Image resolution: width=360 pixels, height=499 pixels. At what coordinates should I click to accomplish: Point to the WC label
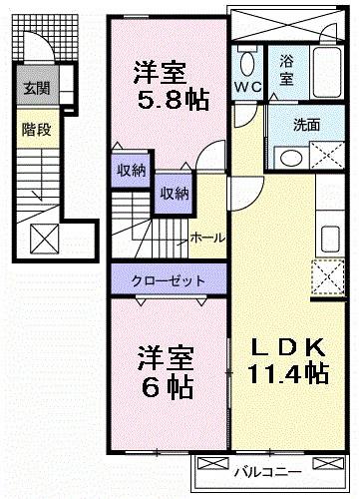(247, 88)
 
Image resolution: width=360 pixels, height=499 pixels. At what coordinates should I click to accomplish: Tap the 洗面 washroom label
(307, 126)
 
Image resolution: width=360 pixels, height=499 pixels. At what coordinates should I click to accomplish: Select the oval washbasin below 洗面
(290, 159)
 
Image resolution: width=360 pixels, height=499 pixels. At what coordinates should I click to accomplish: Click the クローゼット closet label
(167, 280)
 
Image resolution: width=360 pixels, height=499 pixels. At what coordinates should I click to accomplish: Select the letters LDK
(288, 348)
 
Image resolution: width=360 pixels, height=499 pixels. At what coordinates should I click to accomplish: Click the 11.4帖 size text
(288, 374)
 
